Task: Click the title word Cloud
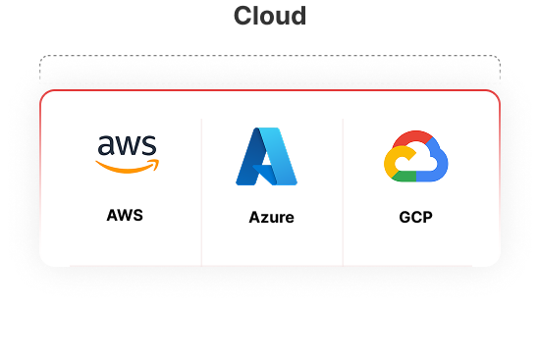[x=270, y=17]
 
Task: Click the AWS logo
[x=127, y=153]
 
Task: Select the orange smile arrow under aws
[x=127, y=167]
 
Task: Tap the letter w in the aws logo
[x=128, y=146]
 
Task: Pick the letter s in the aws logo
[x=148, y=146]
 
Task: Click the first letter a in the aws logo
[x=105, y=146]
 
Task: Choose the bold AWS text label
[x=125, y=215]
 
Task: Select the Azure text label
[x=271, y=217]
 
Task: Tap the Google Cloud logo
[x=414, y=157]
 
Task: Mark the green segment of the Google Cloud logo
[x=412, y=177]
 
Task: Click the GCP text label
[x=415, y=217]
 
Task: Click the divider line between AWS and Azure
[x=201, y=191]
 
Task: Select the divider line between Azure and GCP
[x=343, y=191]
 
